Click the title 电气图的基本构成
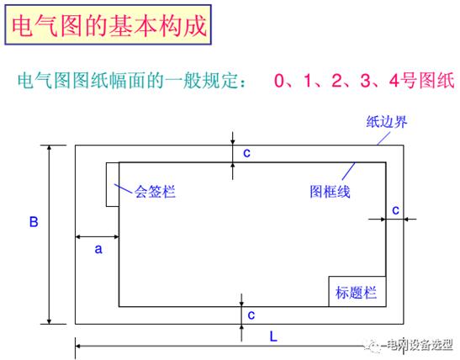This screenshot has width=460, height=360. (x=109, y=26)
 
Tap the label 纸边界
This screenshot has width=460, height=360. (x=387, y=122)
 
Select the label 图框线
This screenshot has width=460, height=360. (x=330, y=192)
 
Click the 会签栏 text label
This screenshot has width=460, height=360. (x=155, y=192)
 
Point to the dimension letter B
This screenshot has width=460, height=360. (x=34, y=222)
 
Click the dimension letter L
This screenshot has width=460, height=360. (x=273, y=336)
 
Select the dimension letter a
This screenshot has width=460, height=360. (x=98, y=249)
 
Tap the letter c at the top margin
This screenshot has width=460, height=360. (x=246, y=153)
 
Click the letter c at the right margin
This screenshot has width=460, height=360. (x=395, y=210)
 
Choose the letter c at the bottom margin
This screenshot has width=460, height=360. (x=251, y=315)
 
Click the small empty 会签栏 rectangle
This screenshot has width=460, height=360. (x=113, y=184)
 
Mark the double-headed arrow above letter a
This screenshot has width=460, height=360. (x=97, y=236)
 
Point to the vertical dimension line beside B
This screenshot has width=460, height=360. (x=50, y=235)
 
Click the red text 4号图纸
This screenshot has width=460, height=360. (x=421, y=81)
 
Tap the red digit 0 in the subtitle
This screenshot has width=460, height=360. (x=279, y=81)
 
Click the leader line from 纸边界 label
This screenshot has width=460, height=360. (x=383, y=139)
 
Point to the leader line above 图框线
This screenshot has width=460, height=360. (x=348, y=171)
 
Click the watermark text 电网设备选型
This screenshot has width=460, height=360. (x=420, y=345)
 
